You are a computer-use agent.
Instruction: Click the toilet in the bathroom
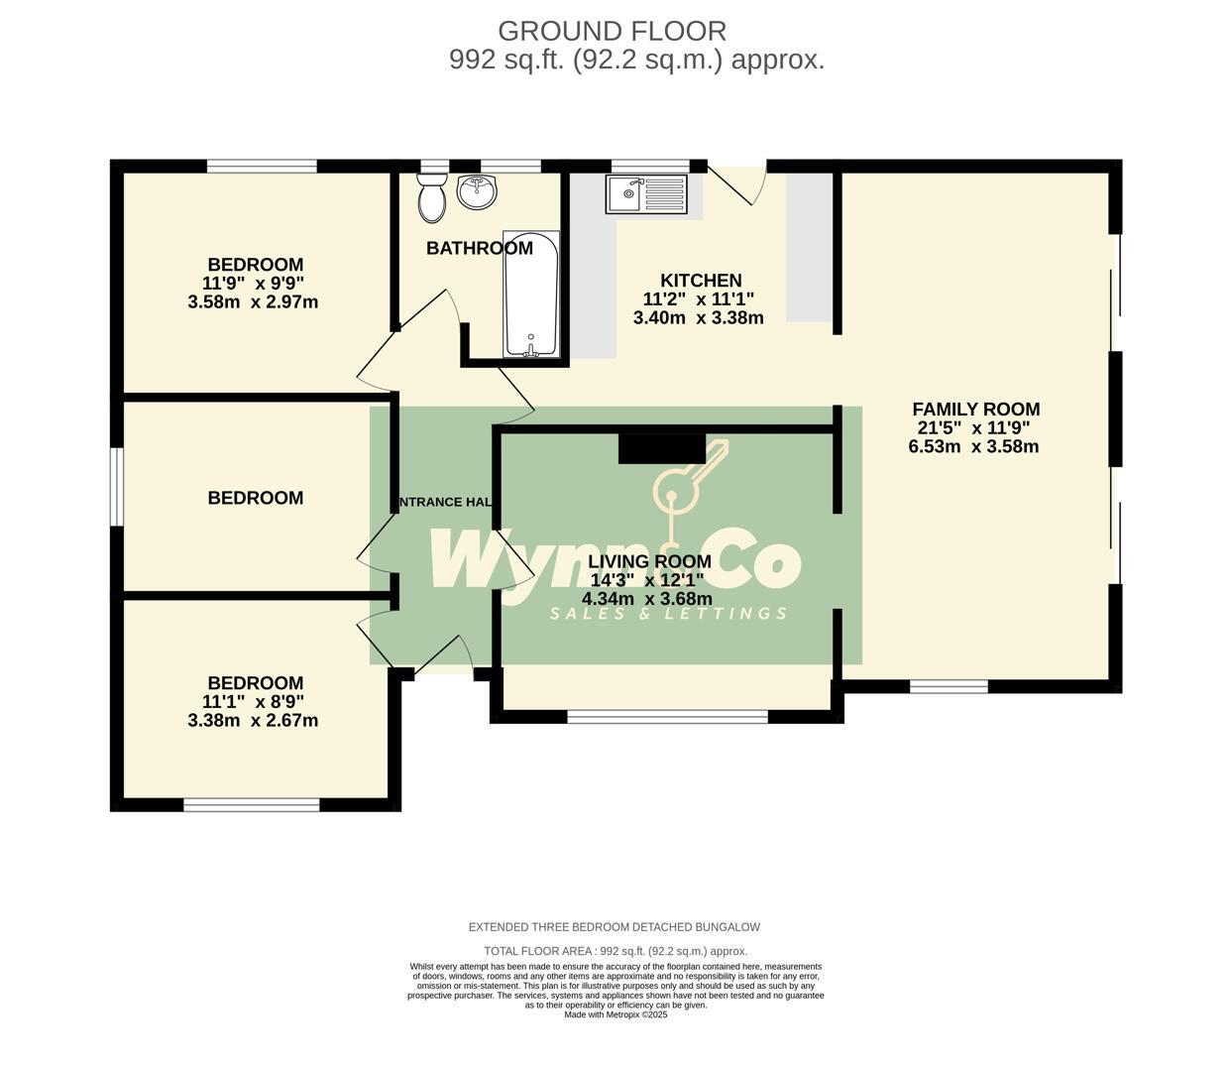(x=432, y=198)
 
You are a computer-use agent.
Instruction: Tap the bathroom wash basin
(x=477, y=191)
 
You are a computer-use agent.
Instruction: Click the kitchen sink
(x=646, y=193)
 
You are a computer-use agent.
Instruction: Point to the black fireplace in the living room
(x=661, y=448)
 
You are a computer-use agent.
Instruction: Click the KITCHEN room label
(x=701, y=281)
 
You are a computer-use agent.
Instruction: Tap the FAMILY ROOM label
(x=975, y=409)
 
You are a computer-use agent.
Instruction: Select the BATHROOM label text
(x=479, y=248)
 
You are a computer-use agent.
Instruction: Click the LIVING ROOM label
(x=649, y=561)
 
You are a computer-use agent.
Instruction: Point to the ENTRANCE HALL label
(x=445, y=502)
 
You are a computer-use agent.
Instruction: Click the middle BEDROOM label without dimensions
(x=255, y=498)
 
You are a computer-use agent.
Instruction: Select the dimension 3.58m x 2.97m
(x=253, y=302)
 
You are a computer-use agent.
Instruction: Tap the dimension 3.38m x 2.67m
(x=253, y=721)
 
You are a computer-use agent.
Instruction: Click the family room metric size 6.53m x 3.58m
(x=973, y=446)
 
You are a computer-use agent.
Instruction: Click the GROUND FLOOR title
(x=612, y=31)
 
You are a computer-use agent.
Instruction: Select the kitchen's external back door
(x=738, y=183)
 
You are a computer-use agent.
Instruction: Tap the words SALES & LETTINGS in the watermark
(x=669, y=614)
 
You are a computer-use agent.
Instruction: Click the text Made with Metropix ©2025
(x=616, y=1014)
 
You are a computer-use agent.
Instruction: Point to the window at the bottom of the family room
(x=949, y=686)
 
